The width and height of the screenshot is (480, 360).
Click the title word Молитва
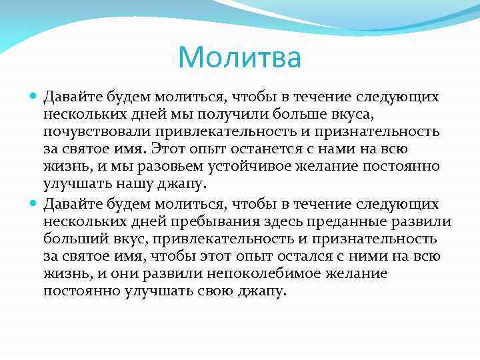tap(239, 57)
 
